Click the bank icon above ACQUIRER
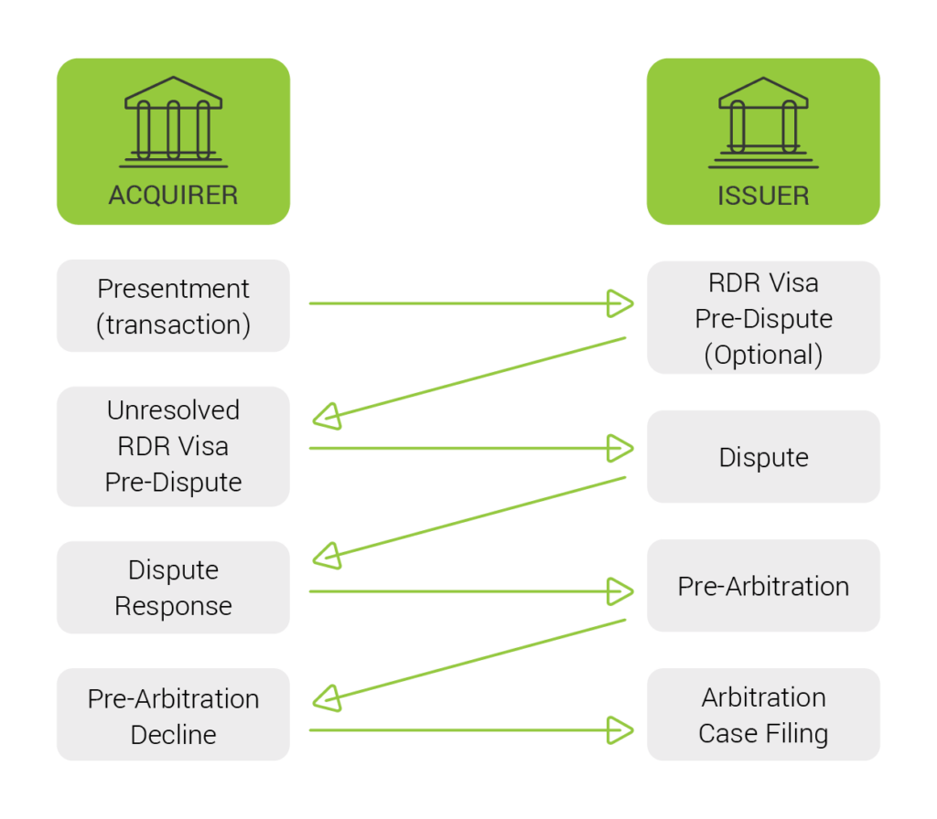[173, 122]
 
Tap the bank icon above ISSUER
[763, 122]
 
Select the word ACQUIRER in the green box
[173, 195]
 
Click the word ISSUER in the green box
[763, 196]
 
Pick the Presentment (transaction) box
[173, 306]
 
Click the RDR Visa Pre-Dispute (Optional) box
[763, 318]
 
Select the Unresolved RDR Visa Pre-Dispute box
[173, 446]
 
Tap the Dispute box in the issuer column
[763, 457]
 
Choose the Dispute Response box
[173, 588]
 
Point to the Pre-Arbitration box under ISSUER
[763, 586]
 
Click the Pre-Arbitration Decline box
[173, 716]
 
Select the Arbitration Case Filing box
[763, 715]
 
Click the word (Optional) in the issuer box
[763, 355]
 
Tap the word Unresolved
[173, 410]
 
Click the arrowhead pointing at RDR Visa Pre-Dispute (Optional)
[621, 303]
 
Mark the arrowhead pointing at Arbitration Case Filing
[621, 729]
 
